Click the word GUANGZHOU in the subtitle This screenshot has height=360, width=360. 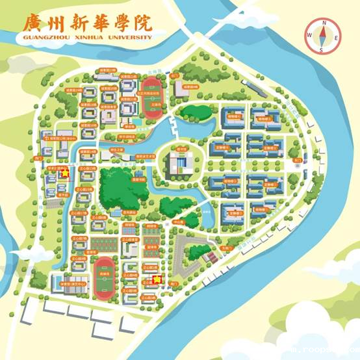tap(45, 38)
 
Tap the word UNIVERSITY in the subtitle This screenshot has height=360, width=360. tap(129, 38)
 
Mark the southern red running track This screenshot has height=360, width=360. tap(103, 276)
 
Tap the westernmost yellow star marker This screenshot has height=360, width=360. tap(64, 174)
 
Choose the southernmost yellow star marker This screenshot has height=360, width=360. tap(157, 279)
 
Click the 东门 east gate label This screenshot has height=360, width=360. tap(297, 160)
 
